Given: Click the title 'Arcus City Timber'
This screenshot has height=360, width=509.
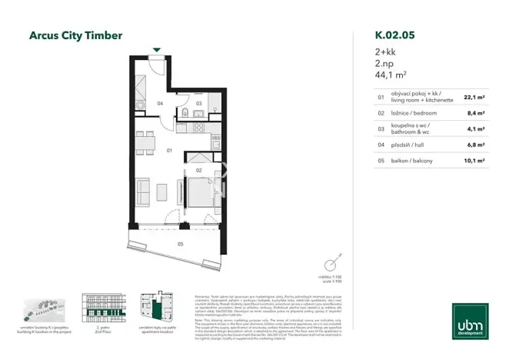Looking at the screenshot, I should coord(75,35).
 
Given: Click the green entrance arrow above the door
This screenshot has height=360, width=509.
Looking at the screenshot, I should coord(157,51).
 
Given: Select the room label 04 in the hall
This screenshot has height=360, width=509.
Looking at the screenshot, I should coord(161,103).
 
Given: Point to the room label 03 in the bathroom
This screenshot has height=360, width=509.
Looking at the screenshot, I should coord(198,103).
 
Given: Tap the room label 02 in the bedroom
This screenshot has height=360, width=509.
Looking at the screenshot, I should coord(198,169).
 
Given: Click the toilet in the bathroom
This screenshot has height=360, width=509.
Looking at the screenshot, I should coord(186,115).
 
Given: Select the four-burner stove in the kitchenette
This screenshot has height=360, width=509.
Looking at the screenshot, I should coord(141,105).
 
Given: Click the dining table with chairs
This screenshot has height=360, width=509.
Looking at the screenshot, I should coord(144,142).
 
